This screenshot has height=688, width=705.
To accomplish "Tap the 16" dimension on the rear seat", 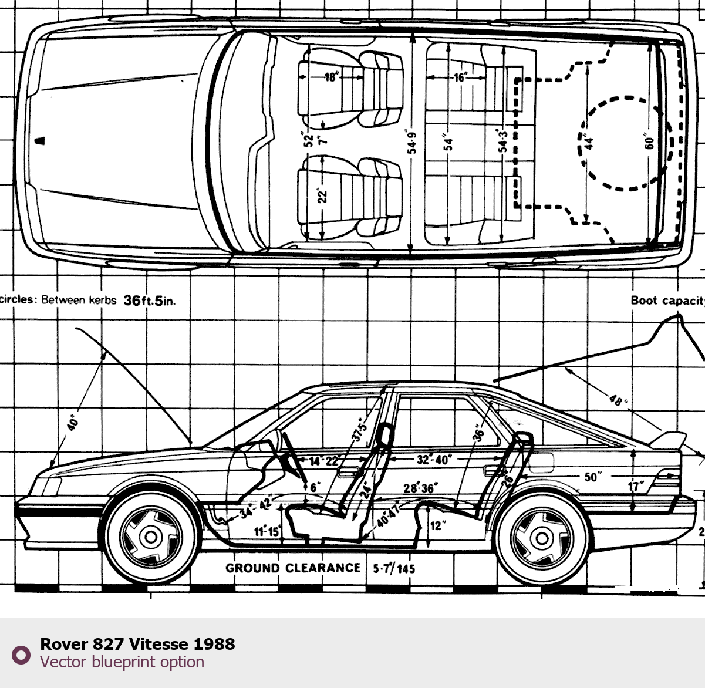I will [x=459, y=77].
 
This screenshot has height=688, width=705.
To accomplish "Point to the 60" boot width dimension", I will [x=649, y=143].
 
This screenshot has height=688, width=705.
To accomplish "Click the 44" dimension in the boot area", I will [x=589, y=143].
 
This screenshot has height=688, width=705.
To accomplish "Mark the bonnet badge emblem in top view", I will [x=41, y=140].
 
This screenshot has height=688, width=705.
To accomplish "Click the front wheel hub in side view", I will [x=150, y=536].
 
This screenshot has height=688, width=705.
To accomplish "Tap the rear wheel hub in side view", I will [x=541, y=537].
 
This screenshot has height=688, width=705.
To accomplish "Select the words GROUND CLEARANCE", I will [x=293, y=568].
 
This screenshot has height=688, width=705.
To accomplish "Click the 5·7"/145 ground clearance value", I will [x=394, y=568].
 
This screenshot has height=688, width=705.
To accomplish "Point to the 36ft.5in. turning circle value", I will [x=149, y=301].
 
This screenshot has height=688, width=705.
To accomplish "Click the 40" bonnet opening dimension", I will [x=73, y=423].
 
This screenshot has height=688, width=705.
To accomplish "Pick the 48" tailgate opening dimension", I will [x=615, y=400].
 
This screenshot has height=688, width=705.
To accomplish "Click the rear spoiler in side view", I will [x=669, y=441].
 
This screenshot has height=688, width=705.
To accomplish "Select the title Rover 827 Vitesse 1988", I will [x=137, y=644].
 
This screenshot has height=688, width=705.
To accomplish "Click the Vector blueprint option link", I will [x=122, y=662].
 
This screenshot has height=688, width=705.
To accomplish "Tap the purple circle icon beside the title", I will [x=21, y=655].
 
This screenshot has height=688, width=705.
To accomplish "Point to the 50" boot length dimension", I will [x=591, y=477].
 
